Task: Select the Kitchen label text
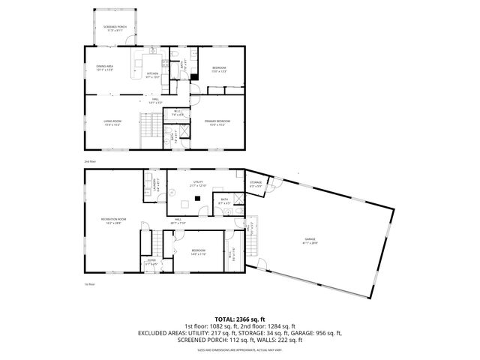(x=152, y=74)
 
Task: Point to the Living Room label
(x=112, y=122)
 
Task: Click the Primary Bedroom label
(x=218, y=122)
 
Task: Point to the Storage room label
(x=256, y=183)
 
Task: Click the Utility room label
(x=198, y=182)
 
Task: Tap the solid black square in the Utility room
(x=197, y=198)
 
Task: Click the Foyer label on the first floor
(x=151, y=262)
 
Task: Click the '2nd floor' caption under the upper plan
(x=89, y=161)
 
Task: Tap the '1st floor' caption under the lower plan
(x=89, y=284)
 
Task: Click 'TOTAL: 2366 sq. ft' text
(x=239, y=319)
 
